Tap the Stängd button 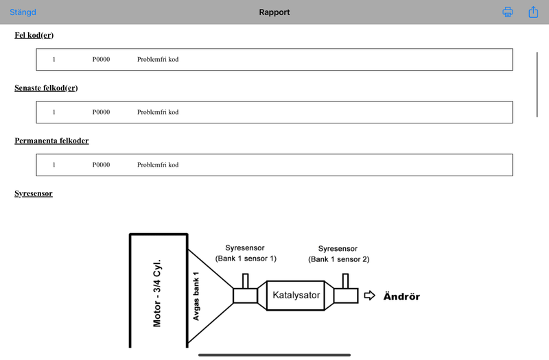point(23,12)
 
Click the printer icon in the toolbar point(508,12)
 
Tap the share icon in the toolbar point(533,12)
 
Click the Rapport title point(274,12)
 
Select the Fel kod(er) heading point(34,36)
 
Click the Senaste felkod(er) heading point(46,88)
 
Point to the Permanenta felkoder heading point(51,141)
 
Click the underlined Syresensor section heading point(34,193)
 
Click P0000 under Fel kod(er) point(101,60)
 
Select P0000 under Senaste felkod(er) point(101,112)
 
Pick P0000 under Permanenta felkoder point(101,165)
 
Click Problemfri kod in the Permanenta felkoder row point(158,165)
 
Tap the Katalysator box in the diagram point(296,296)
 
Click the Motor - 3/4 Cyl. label point(157,293)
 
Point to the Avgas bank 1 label point(196,296)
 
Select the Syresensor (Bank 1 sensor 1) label point(246,253)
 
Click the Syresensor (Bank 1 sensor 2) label point(338,254)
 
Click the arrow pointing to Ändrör point(369,296)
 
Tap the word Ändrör point(401,296)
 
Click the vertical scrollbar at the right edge point(537,84)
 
